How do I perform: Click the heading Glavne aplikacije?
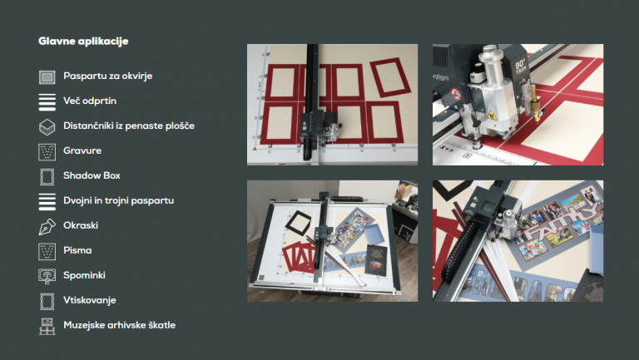pyautogui.click(x=83, y=41)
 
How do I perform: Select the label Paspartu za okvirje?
pyautogui.click(x=107, y=76)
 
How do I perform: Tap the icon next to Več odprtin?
pyautogui.click(x=47, y=101)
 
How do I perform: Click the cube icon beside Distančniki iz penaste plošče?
pyautogui.click(x=47, y=127)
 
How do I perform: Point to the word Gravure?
pyautogui.click(x=82, y=150)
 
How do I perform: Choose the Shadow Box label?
pyautogui.click(x=92, y=175)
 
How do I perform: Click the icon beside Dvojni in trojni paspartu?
pyautogui.click(x=47, y=201)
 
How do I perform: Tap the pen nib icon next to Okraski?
pyautogui.click(x=47, y=227)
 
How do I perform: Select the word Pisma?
pyautogui.click(x=77, y=250)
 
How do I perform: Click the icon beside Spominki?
pyautogui.click(x=47, y=277)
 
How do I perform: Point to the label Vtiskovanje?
pyautogui.click(x=90, y=300)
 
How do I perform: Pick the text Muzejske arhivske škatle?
pyautogui.click(x=120, y=325)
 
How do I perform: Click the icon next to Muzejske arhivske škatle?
pyautogui.click(x=47, y=326)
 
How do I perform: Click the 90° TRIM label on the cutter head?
pyautogui.click(x=521, y=67)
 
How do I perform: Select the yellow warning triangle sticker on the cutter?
pyautogui.click(x=492, y=115)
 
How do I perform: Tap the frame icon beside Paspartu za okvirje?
pyautogui.click(x=47, y=77)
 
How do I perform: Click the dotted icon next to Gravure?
pyautogui.click(x=47, y=152)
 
